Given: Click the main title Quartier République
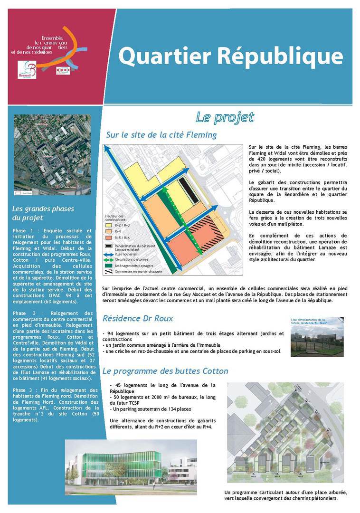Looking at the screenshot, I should (230, 57).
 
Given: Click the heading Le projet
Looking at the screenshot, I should (225, 117).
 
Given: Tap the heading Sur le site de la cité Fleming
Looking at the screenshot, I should (161, 135).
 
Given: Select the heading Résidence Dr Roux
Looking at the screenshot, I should (138, 318).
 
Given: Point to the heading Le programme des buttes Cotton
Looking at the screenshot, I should (165, 371).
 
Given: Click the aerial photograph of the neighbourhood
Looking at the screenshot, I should (52, 154).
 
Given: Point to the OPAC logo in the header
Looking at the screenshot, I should (63, 70).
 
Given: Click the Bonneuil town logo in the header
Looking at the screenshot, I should (27, 69).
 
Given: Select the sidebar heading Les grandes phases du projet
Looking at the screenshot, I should (43, 213).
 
